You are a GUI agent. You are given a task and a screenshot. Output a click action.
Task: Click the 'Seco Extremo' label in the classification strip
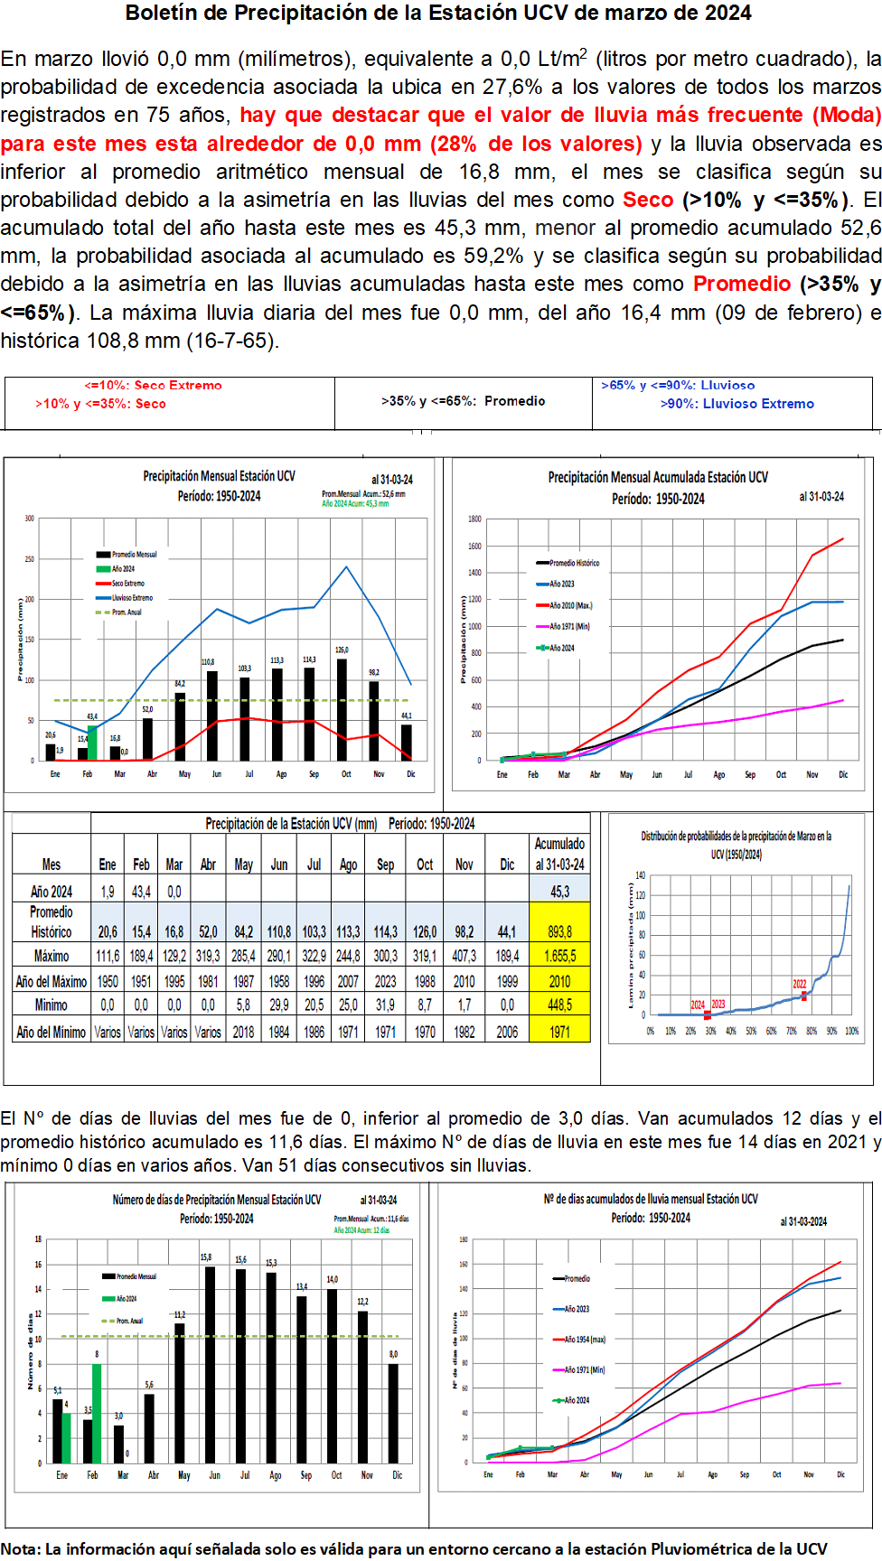(x=177, y=386)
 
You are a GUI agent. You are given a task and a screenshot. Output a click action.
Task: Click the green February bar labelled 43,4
(x=92, y=742)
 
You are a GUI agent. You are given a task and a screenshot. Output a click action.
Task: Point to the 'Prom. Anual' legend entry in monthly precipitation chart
(x=126, y=612)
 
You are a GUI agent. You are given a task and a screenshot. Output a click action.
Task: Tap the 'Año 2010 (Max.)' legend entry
(x=570, y=605)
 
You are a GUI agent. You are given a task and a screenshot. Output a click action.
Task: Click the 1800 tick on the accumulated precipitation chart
(x=474, y=519)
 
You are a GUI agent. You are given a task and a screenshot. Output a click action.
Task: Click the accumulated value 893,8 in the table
(x=559, y=931)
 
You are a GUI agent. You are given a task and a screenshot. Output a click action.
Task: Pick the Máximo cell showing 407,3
(x=464, y=956)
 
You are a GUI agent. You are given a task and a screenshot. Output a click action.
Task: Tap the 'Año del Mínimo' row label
(x=52, y=1032)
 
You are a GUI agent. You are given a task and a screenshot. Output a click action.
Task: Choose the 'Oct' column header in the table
(x=424, y=865)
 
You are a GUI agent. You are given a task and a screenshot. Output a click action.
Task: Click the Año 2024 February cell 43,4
(x=141, y=892)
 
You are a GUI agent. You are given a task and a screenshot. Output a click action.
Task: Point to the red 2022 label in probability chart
(x=800, y=984)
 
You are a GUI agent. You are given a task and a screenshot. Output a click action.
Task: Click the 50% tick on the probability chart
(x=751, y=1031)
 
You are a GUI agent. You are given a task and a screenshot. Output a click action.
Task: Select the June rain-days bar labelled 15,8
(x=210, y=1364)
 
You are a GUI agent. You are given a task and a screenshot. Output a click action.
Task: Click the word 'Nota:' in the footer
(x=20, y=1548)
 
